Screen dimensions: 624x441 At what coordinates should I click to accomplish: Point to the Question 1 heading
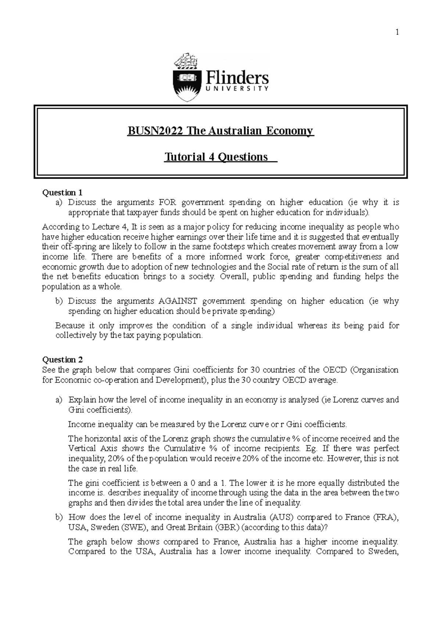coord(62,193)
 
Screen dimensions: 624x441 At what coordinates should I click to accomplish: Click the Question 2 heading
coord(63,359)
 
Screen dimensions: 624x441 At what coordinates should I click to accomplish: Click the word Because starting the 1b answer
coord(69,326)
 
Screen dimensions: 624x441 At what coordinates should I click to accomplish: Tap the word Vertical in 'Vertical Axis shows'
coord(81,448)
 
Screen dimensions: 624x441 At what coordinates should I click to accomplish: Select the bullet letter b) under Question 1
coord(59,301)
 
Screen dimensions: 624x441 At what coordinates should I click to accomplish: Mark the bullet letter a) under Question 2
coord(59,399)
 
